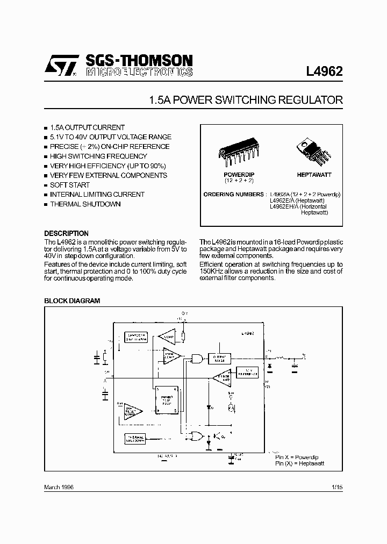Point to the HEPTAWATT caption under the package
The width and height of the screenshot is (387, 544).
314,175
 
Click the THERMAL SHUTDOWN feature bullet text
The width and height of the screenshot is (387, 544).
85,204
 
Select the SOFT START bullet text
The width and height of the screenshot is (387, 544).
70,185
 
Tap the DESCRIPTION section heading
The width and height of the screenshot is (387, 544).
66,233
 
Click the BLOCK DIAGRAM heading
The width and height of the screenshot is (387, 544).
71,301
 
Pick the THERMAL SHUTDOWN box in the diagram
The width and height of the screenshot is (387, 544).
135,439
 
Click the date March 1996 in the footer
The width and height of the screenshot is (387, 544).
59,486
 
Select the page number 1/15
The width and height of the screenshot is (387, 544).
337,486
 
